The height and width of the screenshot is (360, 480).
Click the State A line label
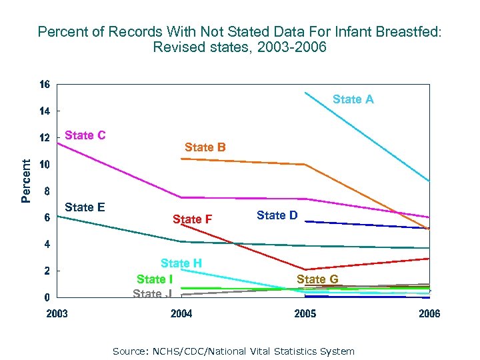[353, 99]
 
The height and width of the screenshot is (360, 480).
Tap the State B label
[205, 147]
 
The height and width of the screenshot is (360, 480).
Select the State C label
[85, 135]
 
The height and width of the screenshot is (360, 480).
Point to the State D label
[277, 215]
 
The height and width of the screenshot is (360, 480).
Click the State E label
[85, 207]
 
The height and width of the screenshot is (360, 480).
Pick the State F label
[192, 219]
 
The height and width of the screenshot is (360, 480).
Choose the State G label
[317, 279]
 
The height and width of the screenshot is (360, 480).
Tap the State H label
[181, 263]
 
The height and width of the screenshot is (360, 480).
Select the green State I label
[155, 279]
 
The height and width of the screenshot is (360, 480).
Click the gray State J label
[152, 293]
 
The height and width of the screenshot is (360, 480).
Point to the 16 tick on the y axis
[44, 85]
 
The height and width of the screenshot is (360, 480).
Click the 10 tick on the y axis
[44, 165]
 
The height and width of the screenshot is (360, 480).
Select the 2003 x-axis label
[57, 314]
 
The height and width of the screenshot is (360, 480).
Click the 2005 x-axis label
[305, 314]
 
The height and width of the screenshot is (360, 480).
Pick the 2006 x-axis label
[429, 314]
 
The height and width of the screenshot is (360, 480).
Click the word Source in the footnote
[128, 351]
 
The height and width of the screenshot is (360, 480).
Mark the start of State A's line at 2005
[305, 92]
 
